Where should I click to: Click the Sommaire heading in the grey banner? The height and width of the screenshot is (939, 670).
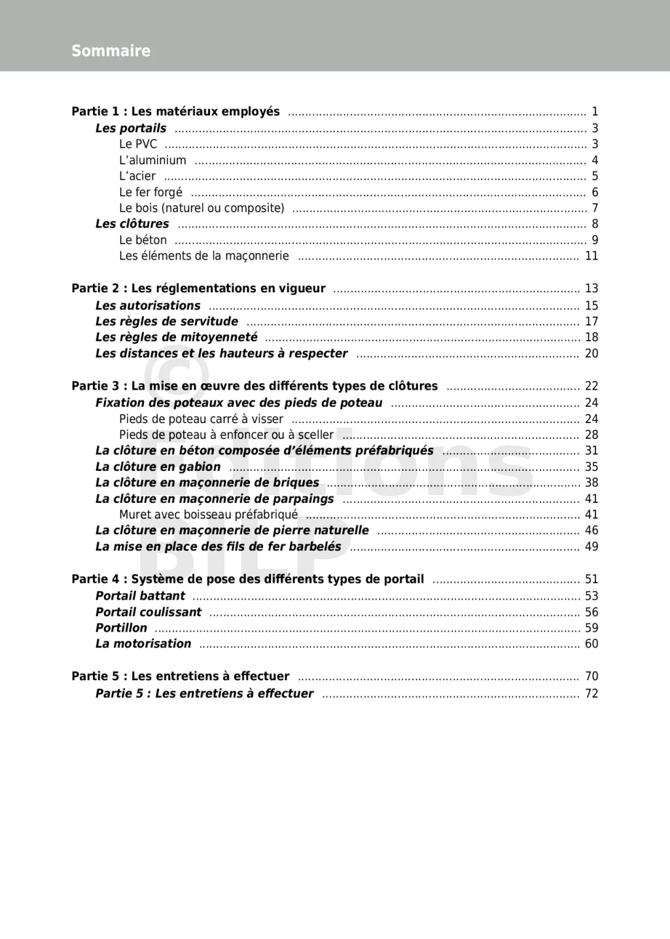111,51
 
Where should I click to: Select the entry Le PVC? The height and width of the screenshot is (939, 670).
138,145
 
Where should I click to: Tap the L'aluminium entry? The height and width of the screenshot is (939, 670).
152,160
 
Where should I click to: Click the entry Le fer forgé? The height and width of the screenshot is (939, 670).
150,192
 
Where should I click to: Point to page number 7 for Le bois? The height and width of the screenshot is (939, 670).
595,208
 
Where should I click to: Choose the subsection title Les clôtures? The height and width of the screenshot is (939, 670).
132,224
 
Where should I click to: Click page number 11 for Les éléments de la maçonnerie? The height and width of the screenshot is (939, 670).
591,256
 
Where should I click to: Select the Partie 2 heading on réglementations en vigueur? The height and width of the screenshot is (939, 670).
198,288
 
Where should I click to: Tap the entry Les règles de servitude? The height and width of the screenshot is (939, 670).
167,321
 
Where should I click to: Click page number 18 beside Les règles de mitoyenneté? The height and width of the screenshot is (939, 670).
591,337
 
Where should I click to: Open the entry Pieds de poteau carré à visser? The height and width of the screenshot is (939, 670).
201,419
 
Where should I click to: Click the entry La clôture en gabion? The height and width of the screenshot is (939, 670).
158,467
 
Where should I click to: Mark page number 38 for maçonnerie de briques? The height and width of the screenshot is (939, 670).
591,483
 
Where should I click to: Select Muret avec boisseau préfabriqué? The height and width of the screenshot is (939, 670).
208,515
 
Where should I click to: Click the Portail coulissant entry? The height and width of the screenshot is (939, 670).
149,612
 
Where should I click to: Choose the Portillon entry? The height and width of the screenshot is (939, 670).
121,628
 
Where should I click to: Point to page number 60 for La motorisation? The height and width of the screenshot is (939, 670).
591,643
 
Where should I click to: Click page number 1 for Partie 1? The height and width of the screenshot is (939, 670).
595,112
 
